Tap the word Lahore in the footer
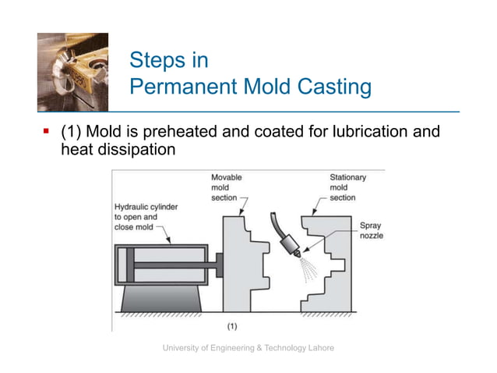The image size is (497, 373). click(x=320, y=347)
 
